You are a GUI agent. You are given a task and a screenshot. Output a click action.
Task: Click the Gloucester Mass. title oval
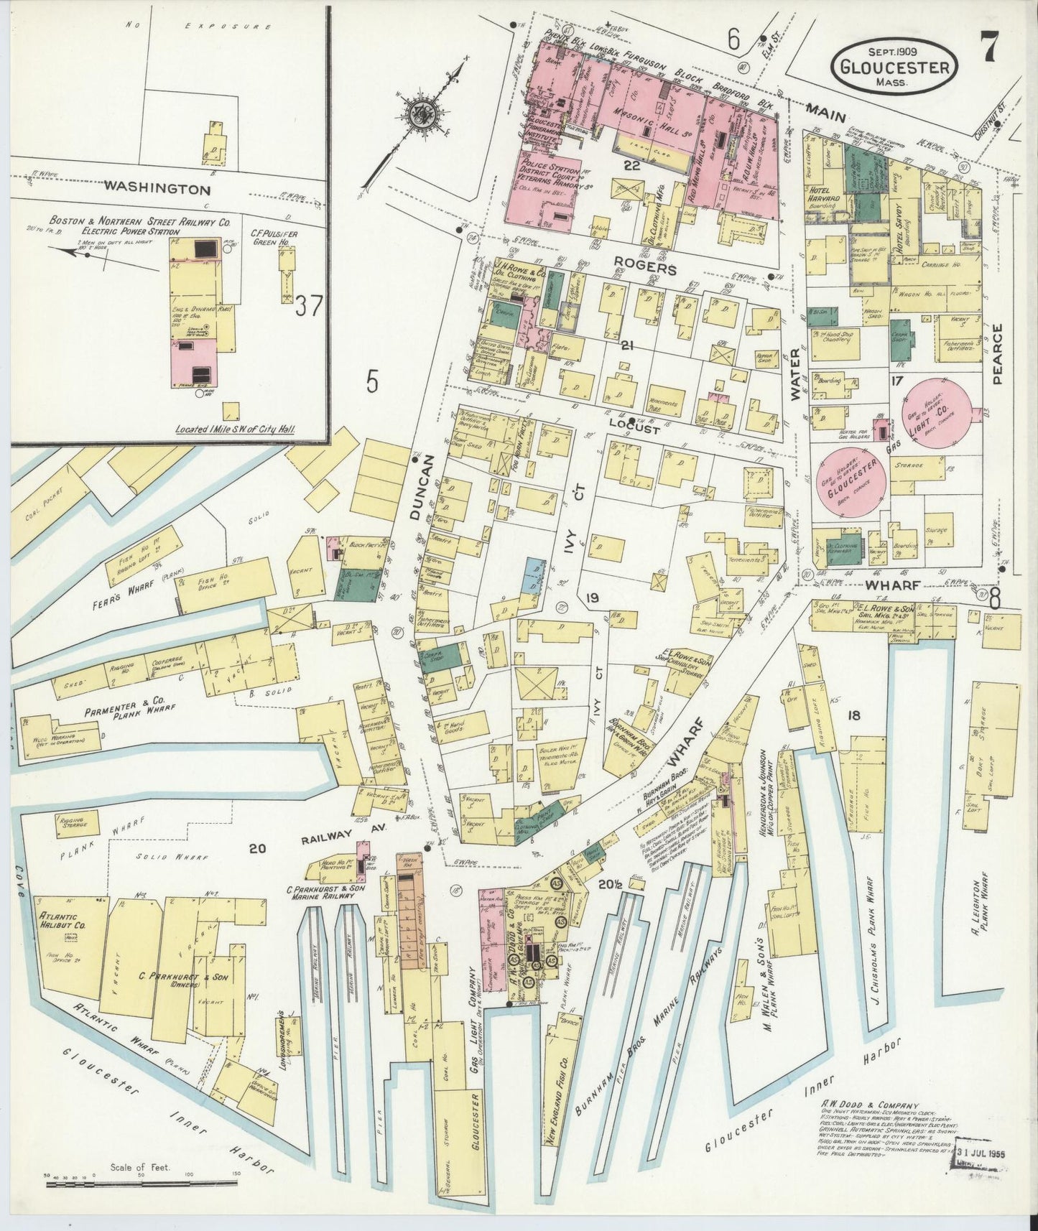894,65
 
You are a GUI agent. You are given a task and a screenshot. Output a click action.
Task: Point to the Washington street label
157,190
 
